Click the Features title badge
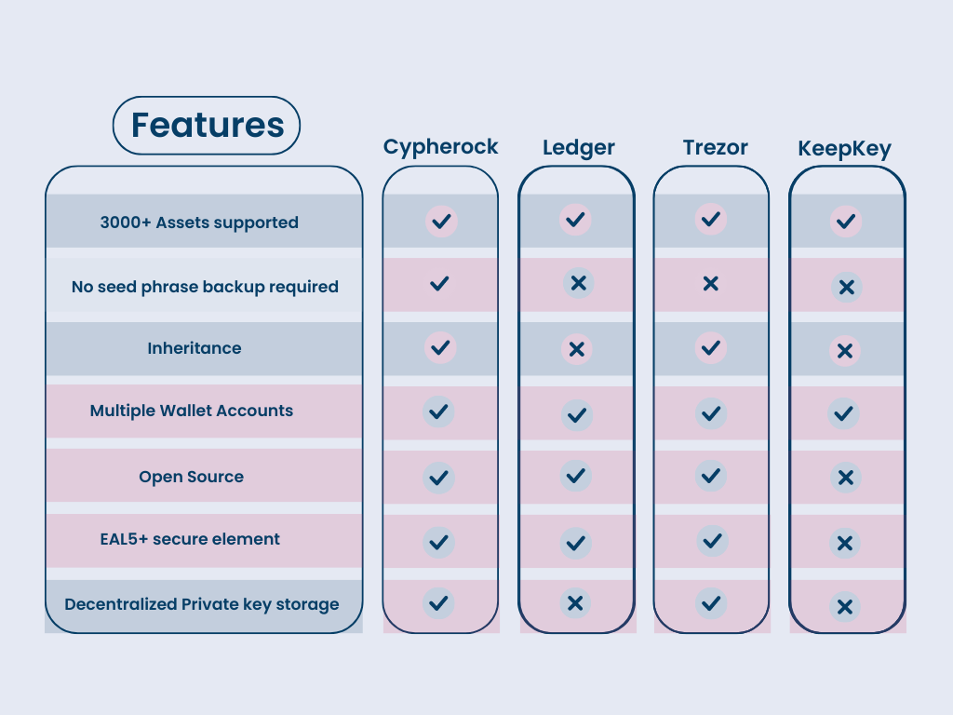pos(207,126)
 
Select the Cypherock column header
pos(440,147)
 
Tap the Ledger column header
pos(579,148)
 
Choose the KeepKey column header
pos(844,149)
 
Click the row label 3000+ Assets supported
pos(199,223)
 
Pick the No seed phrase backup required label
pos(205,287)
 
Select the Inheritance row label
pos(195,348)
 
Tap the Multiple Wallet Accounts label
pos(192,411)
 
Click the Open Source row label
pos(192,477)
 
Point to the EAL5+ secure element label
pos(190,539)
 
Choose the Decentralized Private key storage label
pos(202,604)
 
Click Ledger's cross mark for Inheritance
pos(577,349)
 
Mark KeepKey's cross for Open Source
pos(845,478)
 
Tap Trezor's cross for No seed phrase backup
pos(711,283)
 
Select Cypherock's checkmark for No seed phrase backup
pos(439,283)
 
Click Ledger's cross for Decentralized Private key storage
pos(575,603)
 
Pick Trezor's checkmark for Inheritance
pos(711,347)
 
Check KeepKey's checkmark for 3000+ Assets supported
pos(845,222)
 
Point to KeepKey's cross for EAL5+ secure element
pos(845,542)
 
